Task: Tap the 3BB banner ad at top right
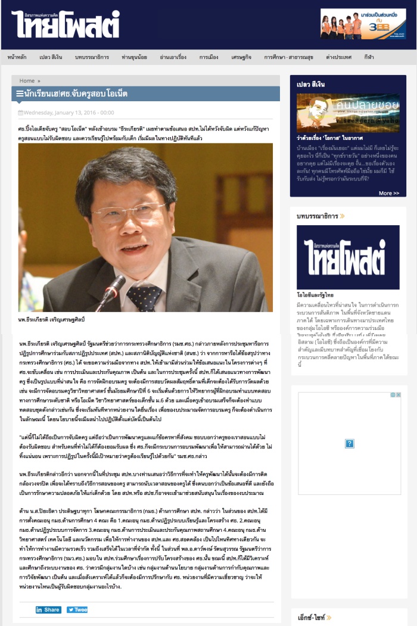coord(363,24)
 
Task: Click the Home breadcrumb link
coord(27,80)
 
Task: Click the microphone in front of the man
coord(111,289)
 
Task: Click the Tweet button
coord(77,609)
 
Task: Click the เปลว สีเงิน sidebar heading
coord(310,85)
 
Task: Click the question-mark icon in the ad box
coord(350,443)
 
